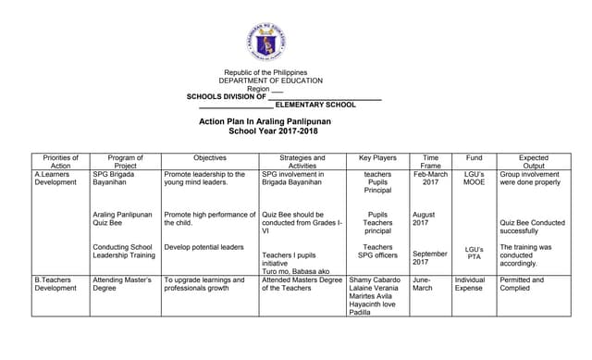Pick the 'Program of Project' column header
point(126,162)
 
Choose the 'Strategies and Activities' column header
point(302,162)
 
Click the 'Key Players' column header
point(377,158)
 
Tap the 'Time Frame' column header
point(430,162)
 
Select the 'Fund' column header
point(474,158)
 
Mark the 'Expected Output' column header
point(533,162)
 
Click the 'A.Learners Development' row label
point(55,179)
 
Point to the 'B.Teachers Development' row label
point(55,284)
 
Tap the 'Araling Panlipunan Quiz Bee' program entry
point(122,219)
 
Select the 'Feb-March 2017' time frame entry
point(431,179)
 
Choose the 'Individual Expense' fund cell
point(470,284)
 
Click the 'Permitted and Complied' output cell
point(522,284)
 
